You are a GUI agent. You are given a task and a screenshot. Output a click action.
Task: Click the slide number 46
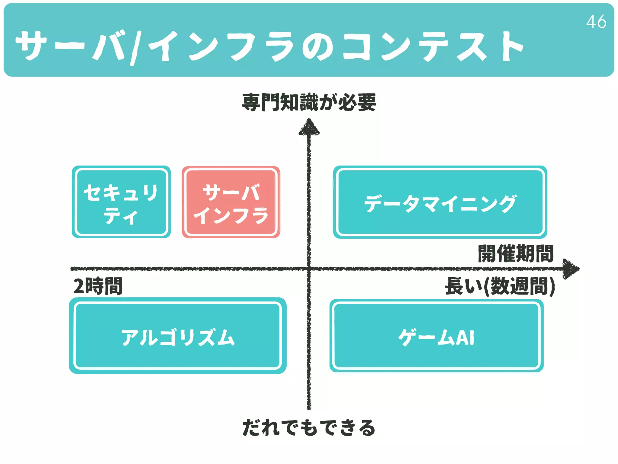click(596, 22)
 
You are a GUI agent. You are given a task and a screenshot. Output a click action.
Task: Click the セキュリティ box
click(121, 202)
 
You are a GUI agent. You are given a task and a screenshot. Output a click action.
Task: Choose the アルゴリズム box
click(178, 336)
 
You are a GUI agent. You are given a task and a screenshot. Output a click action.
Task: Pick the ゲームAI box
click(436, 336)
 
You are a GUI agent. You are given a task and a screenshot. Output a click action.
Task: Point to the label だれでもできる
click(309, 428)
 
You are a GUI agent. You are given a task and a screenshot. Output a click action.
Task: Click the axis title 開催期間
click(516, 254)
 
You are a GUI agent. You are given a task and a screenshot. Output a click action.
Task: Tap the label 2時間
click(98, 286)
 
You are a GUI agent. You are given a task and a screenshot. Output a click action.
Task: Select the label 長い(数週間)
click(500, 286)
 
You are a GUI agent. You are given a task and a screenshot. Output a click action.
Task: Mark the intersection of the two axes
click(309, 269)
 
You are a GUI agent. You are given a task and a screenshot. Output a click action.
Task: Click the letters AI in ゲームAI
click(465, 337)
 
